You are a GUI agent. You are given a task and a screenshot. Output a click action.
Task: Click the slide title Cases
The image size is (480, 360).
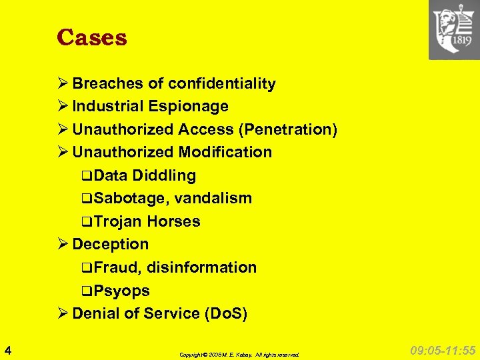(92, 37)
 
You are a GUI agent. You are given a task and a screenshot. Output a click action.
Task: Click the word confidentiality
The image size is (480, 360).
(222, 83)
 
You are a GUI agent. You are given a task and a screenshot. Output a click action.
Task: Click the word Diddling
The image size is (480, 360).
(164, 175)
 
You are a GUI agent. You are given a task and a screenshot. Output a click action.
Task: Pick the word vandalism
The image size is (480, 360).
(213, 198)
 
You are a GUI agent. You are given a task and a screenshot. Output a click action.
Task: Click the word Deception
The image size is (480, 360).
(110, 244)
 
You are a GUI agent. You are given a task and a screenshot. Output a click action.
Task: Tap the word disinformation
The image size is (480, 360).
(201, 267)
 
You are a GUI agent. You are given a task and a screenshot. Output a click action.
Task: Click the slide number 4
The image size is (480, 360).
(7, 349)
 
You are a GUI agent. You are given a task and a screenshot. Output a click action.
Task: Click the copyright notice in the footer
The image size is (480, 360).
(239, 355)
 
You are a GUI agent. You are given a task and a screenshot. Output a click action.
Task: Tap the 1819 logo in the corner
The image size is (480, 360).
(454, 30)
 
